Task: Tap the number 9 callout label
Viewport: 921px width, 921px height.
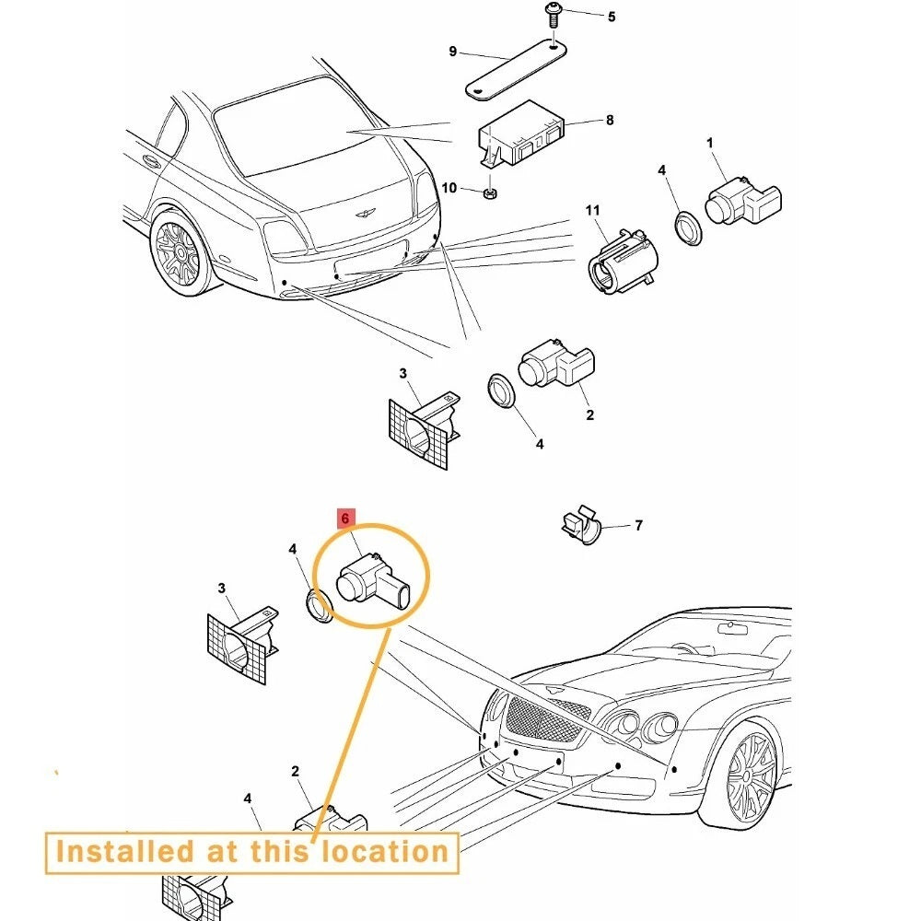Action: point(452,52)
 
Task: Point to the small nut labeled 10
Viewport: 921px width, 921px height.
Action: point(492,193)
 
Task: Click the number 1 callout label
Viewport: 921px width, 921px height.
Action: point(709,143)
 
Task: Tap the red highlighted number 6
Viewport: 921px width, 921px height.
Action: point(345,519)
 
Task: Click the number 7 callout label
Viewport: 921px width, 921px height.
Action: point(638,526)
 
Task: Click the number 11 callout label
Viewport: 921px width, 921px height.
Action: point(592,212)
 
